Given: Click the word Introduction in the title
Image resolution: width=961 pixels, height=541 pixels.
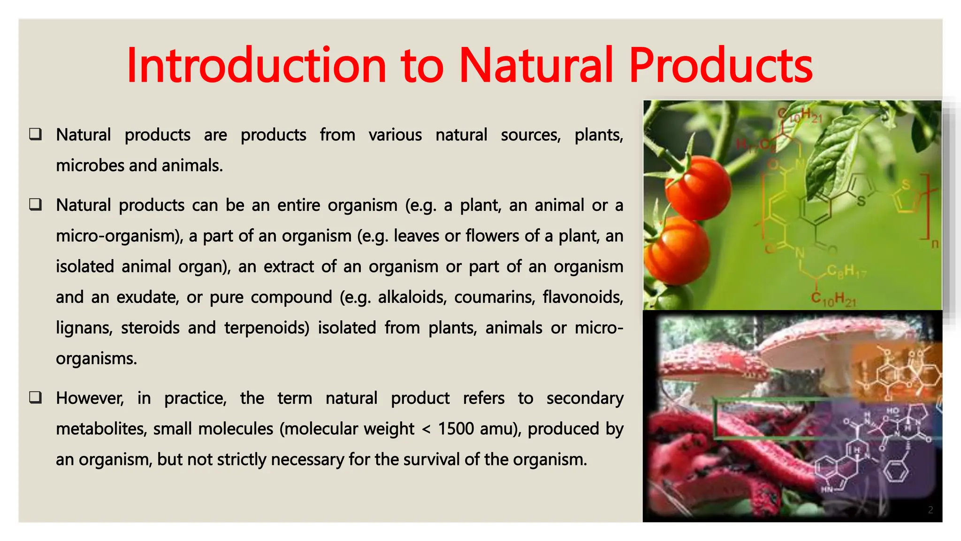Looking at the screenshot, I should [x=256, y=65].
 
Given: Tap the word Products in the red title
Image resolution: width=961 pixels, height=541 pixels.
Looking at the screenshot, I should [x=720, y=65].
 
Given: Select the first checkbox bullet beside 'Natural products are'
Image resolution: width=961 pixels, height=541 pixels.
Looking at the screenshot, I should [x=36, y=134].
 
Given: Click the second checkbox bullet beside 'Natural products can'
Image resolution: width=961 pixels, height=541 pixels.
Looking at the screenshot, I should [x=36, y=205].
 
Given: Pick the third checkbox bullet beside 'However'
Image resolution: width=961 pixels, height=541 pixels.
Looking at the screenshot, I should [x=36, y=398].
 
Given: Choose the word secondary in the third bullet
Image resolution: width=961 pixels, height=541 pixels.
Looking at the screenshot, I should [x=585, y=398].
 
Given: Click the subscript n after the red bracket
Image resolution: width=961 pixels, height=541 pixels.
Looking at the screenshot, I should [x=935, y=244].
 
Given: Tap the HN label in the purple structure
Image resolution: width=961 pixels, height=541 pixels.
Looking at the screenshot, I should [x=826, y=490].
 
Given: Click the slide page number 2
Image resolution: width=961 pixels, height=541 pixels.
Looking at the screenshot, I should [x=930, y=510].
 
